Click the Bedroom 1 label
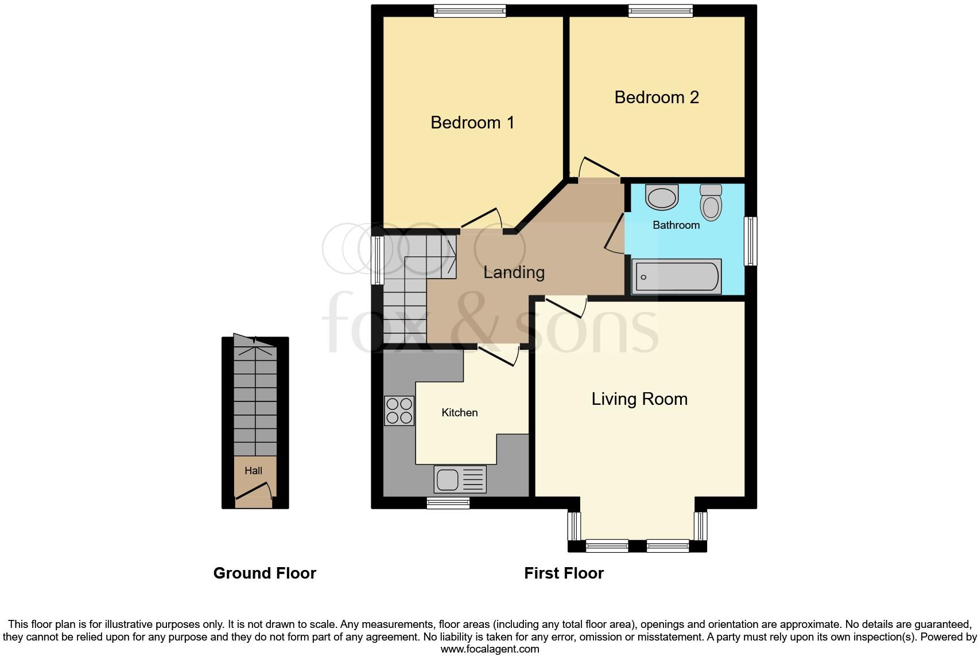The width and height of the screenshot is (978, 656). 472,123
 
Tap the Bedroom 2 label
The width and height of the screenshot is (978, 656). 656,97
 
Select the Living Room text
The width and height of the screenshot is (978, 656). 639,399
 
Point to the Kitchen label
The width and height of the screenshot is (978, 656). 459,413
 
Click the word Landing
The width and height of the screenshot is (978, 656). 514,272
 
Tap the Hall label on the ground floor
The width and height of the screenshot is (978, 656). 253,471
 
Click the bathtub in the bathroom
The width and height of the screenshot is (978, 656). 676,278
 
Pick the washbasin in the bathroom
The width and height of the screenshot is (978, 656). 662,198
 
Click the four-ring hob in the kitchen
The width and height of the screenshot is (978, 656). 399,411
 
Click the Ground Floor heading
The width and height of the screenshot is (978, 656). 265,573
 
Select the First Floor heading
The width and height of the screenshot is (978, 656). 564,573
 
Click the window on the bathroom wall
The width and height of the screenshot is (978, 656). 750,241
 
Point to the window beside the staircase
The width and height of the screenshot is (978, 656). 377,261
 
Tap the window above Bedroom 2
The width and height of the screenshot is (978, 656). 660,11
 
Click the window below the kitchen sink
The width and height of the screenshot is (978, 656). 448,503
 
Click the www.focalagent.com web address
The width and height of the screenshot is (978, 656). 490,649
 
